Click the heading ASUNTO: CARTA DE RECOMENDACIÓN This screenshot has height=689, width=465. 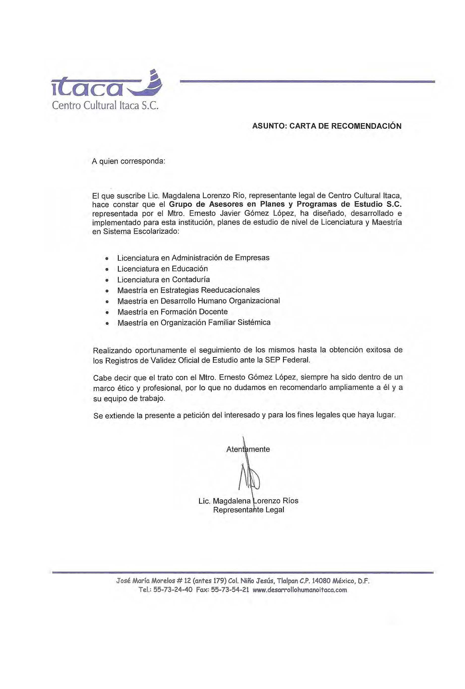click(x=327, y=126)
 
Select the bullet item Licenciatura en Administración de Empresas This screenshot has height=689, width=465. click(x=193, y=258)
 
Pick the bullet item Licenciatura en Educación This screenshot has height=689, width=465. click(x=162, y=269)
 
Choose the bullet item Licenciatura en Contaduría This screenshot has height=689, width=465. click(x=163, y=280)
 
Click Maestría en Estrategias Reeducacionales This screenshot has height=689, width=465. click(x=188, y=290)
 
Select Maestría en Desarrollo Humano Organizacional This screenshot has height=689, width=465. click(x=198, y=301)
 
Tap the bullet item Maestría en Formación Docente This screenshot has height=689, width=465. click(x=172, y=312)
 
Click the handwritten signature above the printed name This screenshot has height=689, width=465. click(x=249, y=477)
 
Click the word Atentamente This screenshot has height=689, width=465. click(x=248, y=449)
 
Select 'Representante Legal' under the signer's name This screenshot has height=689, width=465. click(x=249, y=510)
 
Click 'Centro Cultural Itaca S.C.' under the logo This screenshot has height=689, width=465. click(x=105, y=106)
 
